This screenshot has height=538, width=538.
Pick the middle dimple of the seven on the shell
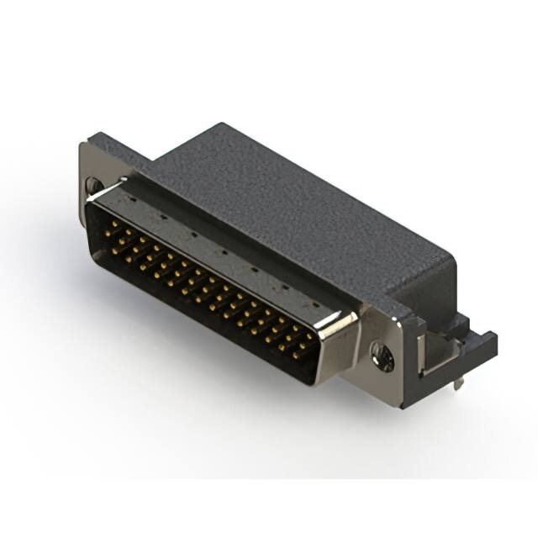click(x=224, y=252)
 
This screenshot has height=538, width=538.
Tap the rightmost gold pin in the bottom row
click(x=296, y=356)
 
